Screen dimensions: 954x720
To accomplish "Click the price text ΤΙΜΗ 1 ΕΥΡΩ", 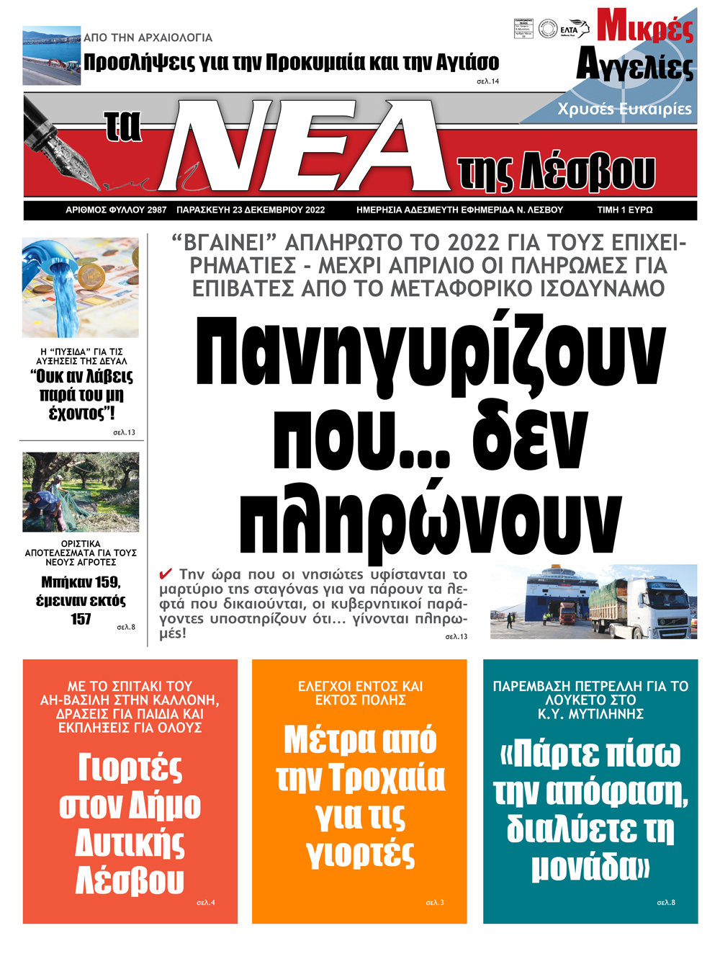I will (x=624, y=210).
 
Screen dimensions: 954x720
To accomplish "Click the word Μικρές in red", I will (x=645, y=27).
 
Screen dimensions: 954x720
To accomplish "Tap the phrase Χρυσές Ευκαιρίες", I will (x=624, y=109).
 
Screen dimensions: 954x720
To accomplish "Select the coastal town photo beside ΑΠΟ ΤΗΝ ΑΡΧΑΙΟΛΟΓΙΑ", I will (x=51, y=56).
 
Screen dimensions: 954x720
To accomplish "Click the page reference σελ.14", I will (x=487, y=81).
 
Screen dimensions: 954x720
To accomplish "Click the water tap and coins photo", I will (x=80, y=287).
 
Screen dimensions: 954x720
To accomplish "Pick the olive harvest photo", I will (x=81, y=492).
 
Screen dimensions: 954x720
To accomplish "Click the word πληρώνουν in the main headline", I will (x=430, y=512).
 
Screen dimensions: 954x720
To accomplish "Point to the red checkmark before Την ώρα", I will (x=166, y=574).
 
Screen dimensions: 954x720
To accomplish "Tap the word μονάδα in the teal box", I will (x=584, y=865).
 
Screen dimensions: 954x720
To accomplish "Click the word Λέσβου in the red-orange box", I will (x=130, y=880).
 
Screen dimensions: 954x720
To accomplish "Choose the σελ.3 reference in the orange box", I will (x=435, y=902).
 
